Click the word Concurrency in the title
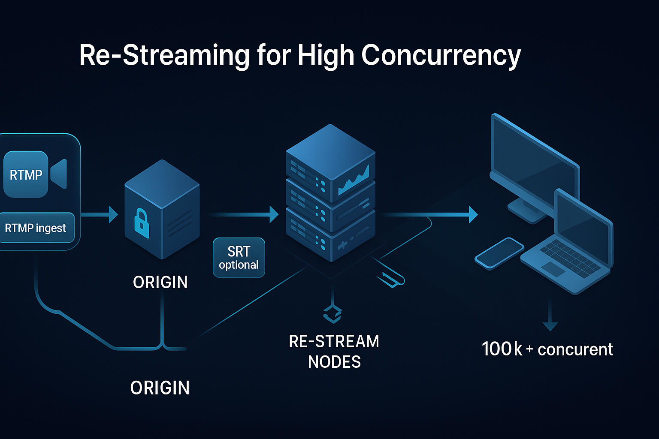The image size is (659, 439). coord(441,56)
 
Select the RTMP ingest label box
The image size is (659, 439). coord(36,228)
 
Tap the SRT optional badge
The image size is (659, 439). coord(239,258)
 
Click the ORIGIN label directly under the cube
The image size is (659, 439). coord(160,282)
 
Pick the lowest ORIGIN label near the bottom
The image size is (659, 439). coord(160,388)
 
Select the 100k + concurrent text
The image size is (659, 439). coord(547,349)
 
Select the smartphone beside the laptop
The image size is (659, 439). coord(499,253)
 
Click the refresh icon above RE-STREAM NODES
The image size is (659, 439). coord(333,313)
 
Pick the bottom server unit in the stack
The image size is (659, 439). coord(330,236)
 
